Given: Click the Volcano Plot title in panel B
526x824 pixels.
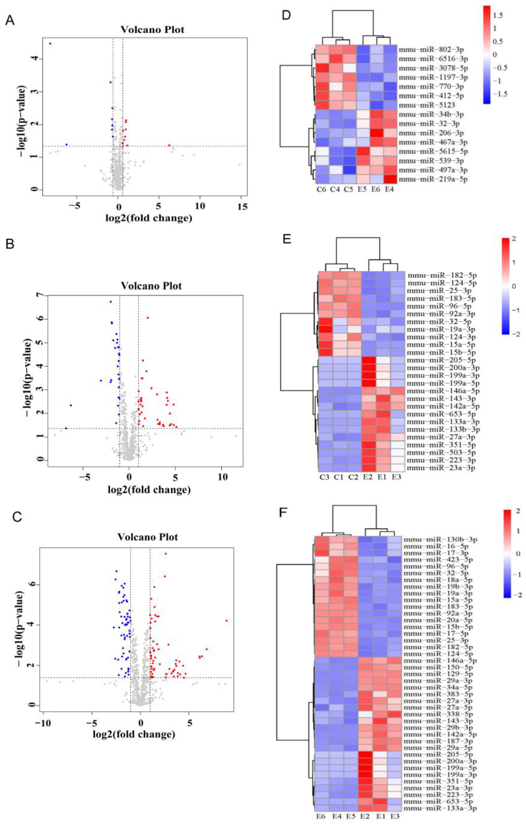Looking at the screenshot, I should click(x=151, y=286).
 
